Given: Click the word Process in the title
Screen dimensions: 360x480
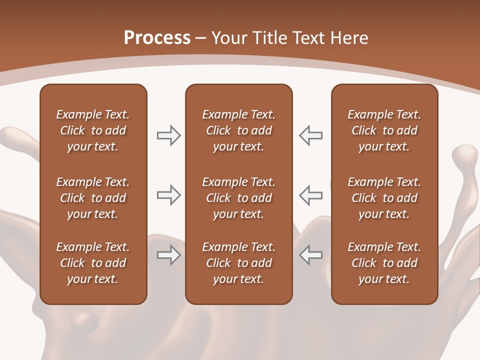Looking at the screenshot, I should (x=157, y=38).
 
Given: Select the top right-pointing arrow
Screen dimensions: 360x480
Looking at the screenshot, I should (x=169, y=135).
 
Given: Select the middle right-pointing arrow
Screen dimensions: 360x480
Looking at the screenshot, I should (x=169, y=195).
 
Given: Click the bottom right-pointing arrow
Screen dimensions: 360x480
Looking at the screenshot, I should (x=169, y=255).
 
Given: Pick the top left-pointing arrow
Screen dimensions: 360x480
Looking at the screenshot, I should (x=310, y=135).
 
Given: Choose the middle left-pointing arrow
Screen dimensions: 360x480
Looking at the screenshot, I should (x=310, y=195).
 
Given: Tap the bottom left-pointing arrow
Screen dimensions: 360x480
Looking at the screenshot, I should (x=310, y=255).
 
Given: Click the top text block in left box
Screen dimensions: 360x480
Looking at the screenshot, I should (x=93, y=130).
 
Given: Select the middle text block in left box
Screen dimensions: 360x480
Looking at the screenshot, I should (x=93, y=198).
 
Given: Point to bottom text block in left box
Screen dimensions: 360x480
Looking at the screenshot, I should (x=93, y=263).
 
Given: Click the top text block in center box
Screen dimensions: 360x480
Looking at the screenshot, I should (x=238, y=130).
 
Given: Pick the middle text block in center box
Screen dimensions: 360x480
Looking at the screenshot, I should (x=238, y=198).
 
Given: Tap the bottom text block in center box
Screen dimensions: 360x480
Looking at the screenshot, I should (x=238, y=263).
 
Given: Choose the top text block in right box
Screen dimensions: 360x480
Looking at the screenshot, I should (x=384, y=130).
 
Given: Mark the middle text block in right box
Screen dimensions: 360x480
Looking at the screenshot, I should (x=384, y=198).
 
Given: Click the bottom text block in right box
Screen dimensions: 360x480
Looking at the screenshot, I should (x=384, y=263).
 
